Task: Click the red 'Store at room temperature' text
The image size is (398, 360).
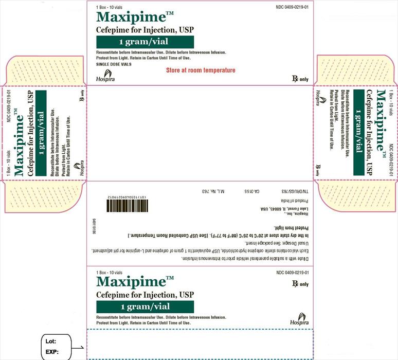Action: [x=201, y=70]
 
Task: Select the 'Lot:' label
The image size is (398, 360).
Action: [x=52, y=341]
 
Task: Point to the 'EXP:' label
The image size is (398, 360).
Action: [x=52, y=353]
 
